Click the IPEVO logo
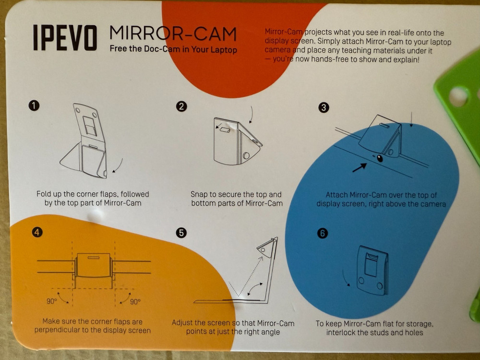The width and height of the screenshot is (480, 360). click(x=65, y=37)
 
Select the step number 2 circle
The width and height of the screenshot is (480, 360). click(x=181, y=107)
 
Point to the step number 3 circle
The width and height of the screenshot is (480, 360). click(x=324, y=108)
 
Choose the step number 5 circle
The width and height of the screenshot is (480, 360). click(x=181, y=233)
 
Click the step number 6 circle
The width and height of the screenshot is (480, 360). click(x=323, y=234)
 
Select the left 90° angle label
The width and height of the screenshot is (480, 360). click(x=52, y=301)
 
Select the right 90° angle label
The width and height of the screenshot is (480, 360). click(x=135, y=301)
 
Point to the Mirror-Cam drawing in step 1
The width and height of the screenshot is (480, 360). click(x=86, y=142)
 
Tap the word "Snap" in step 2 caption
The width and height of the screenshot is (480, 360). click(x=200, y=194)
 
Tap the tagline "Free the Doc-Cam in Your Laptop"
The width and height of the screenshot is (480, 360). click(x=173, y=49)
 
